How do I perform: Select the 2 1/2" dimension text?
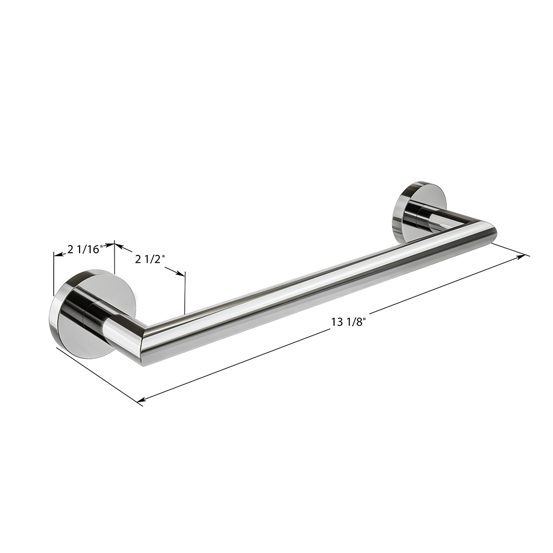150,259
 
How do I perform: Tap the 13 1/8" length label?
347,322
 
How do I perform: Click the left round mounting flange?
93,316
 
